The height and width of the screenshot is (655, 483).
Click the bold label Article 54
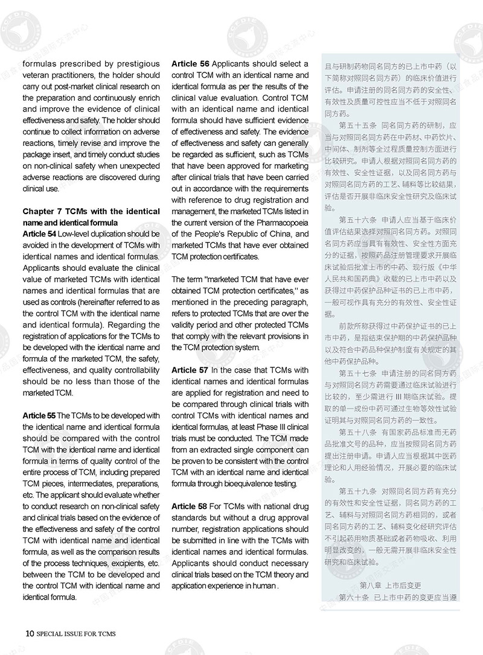(39, 233)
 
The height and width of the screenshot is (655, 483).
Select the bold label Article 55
(39, 416)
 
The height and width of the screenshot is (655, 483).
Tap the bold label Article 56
(190, 63)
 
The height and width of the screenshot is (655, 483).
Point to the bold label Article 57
(190, 370)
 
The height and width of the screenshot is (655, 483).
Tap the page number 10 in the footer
(29, 633)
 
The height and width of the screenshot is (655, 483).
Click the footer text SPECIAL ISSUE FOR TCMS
(75, 634)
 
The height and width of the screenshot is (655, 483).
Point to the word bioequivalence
(237, 483)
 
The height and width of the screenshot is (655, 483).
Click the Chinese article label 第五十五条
(357, 125)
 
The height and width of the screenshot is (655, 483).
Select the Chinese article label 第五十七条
(357, 373)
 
